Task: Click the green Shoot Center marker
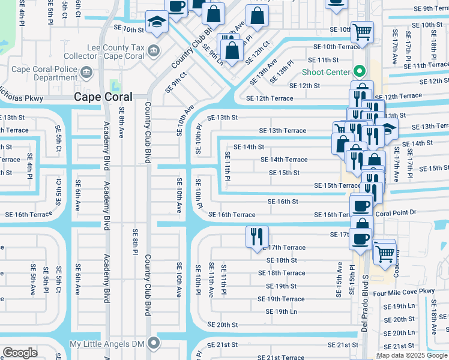click(359, 72)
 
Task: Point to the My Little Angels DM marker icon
click(154, 344)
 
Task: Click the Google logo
click(20, 353)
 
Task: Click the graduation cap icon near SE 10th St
click(157, 23)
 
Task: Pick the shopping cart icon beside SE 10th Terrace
click(363, 31)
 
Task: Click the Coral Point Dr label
click(396, 212)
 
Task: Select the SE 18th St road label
click(282, 260)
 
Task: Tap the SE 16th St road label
click(283, 202)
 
